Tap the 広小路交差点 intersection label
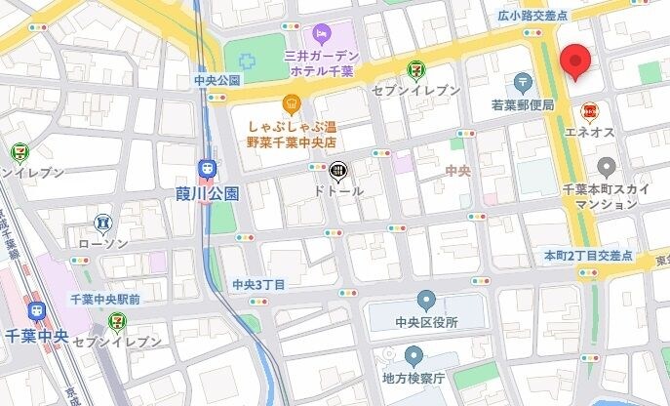tap(532, 16)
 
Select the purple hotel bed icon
tap(320, 34)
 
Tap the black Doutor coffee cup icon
tap(336, 172)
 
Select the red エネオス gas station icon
tap(589, 111)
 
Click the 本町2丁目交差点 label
tap(588, 255)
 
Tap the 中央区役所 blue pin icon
tap(426, 300)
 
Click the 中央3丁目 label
tap(258, 284)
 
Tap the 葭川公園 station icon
tap(206, 170)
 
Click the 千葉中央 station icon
tap(38, 311)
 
